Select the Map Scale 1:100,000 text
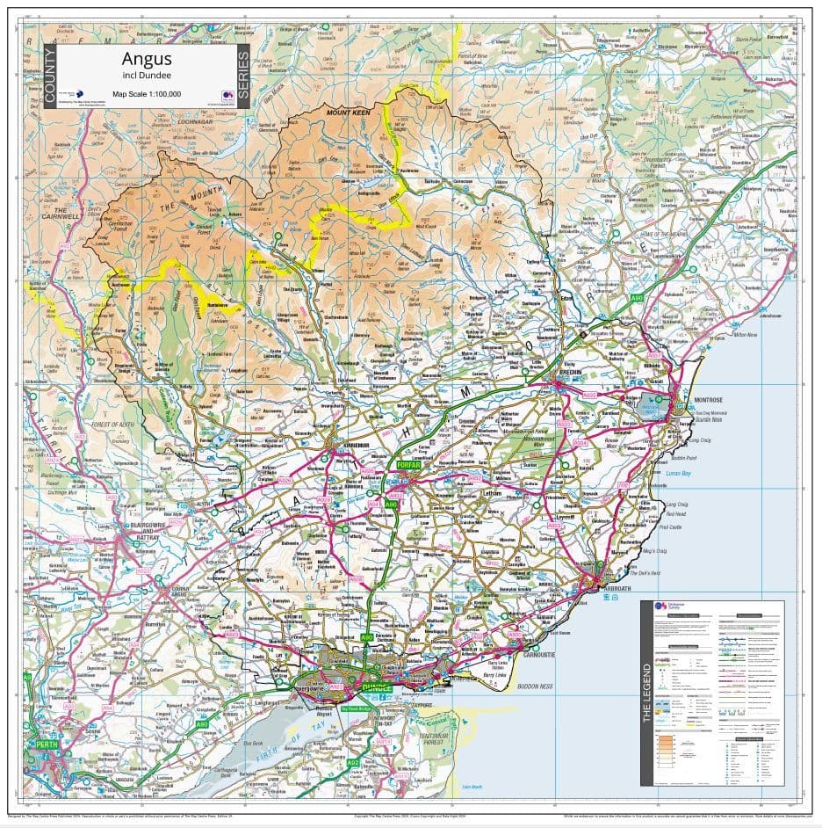click(141, 93)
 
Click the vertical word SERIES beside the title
click(243, 76)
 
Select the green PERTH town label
click(47, 744)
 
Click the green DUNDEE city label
click(376, 687)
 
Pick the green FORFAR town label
click(409, 464)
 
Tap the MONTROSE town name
click(708, 400)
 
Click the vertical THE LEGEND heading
click(648, 695)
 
